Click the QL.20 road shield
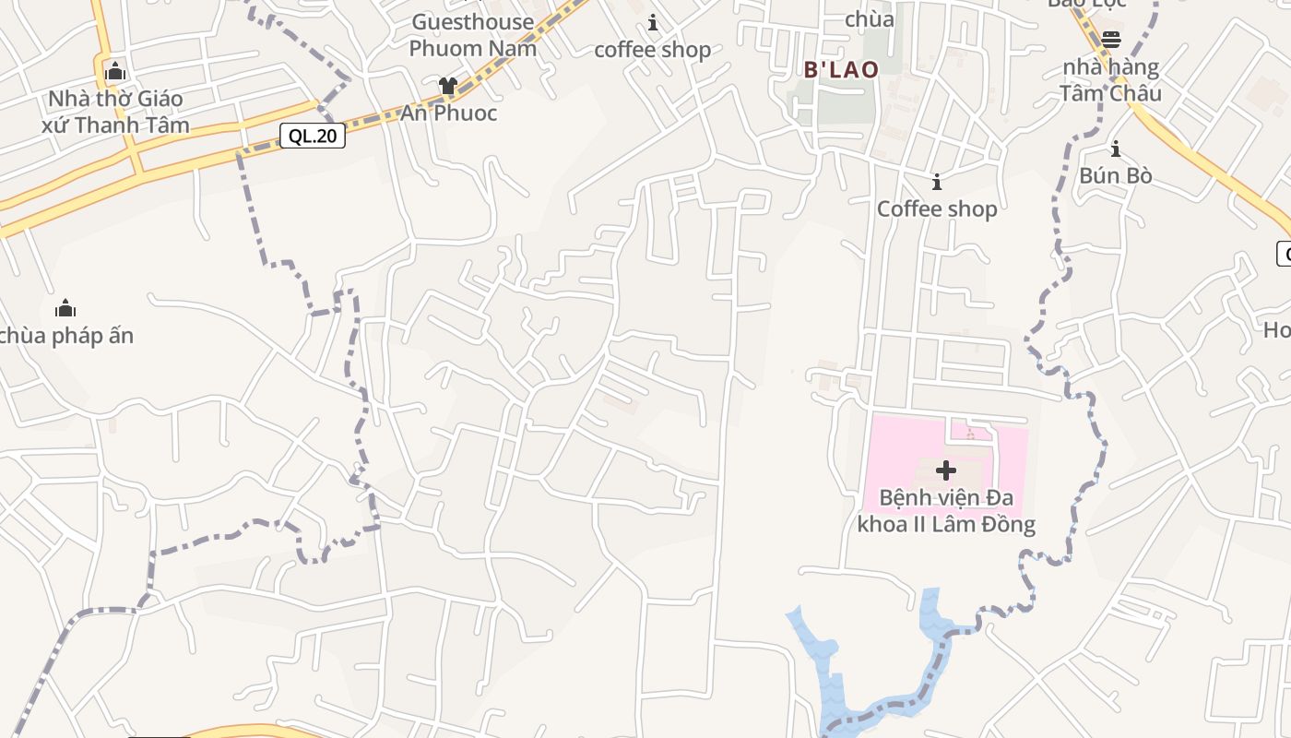(x=313, y=137)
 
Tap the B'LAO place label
(x=841, y=69)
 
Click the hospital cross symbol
(x=945, y=470)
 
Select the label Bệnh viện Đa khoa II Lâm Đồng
(x=946, y=511)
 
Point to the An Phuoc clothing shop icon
(x=448, y=87)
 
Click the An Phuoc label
(x=448, y=113)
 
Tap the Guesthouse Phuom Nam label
(x=472, y=35)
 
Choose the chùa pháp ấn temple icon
(x=65, y=308)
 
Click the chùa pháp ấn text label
(x=66, y=336)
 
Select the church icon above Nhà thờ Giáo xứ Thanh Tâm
(x=115, y=71)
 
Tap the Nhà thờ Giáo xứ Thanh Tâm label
(x=115, y=112)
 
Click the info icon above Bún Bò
(x=1116, y=149)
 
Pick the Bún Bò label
(x=1116, y=175)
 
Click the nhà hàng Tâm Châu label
(x=1110, y=80)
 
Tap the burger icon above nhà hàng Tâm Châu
(x=1111, y=40)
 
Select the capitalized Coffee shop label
(x=937, y=209)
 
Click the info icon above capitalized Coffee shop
(x=937, y=182)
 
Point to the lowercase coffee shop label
(x=652, y=50)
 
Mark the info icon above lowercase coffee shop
(x=653, y=22)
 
